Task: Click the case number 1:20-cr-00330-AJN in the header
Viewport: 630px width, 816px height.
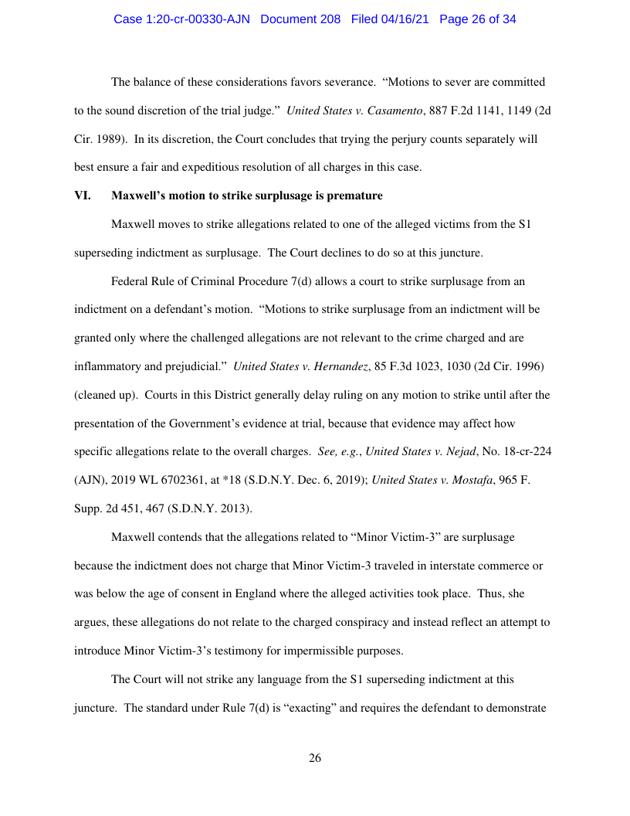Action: pos(181,19)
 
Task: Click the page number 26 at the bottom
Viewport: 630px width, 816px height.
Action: pos(315,758)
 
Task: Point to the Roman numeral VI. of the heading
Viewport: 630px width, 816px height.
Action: pos(82,195)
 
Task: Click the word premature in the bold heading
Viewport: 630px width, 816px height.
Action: pos(356,195)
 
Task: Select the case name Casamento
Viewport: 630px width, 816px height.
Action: pos(392,110)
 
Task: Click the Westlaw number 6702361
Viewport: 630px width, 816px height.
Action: pos(183,479)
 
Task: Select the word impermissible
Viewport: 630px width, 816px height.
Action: pos(309,651)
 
